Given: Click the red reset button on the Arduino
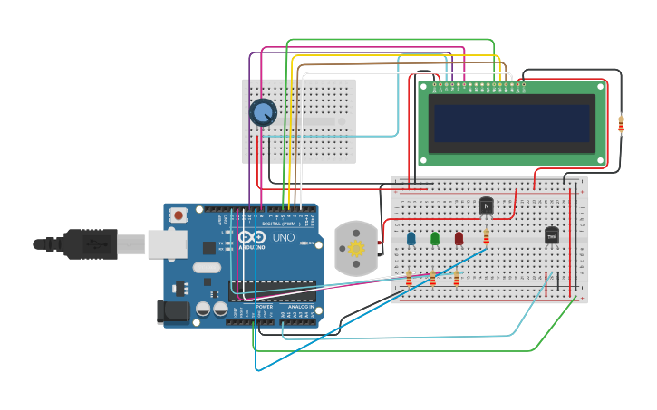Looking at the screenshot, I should point(179,215).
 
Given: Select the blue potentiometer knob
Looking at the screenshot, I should point(263,112).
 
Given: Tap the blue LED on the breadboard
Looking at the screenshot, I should point(411,239).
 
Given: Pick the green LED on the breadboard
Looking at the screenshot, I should point(435,239).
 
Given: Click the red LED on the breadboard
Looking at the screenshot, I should point(459,239).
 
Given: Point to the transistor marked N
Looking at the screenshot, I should point(486,206).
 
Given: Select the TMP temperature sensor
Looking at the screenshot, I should point(551,236).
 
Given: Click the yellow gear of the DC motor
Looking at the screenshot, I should point(355,248).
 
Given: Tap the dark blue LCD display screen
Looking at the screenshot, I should point(511,123).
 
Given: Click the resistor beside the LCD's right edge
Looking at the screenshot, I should point(621,123).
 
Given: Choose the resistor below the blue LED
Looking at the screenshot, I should point(409,279).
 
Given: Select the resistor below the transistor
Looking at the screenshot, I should point(487,237).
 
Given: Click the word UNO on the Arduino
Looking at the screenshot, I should point(284,237).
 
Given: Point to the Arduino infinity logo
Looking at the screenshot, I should point(250,237).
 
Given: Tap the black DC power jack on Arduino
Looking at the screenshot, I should point(173,312).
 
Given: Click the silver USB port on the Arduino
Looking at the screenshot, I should point(167,243).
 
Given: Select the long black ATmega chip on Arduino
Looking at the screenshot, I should point(273,291).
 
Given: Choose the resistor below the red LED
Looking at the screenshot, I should point(457,279).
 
